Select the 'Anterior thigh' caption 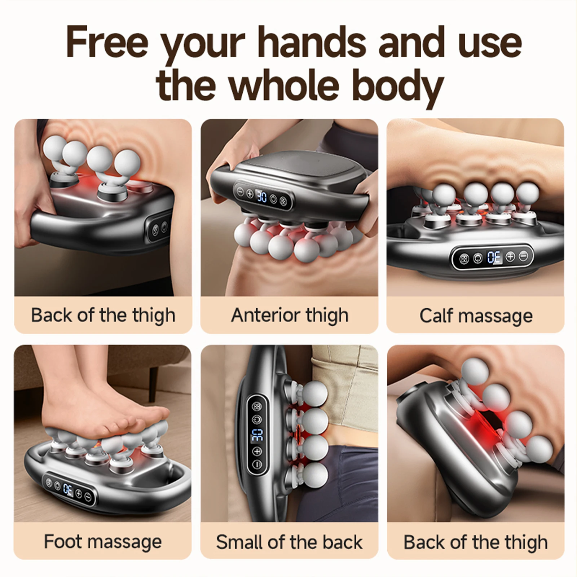[x=290, y=315]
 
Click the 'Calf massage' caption [x=476, y=316]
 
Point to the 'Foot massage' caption [x=103, y=542]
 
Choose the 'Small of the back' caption [x=289, y=542]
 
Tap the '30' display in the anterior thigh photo [x=262, y=197]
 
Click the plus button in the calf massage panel [x=510, y=257]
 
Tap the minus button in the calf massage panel [x=523, y=256]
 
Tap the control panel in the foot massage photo [x=69, y=489]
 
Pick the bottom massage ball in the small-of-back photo [x=316, y=475]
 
